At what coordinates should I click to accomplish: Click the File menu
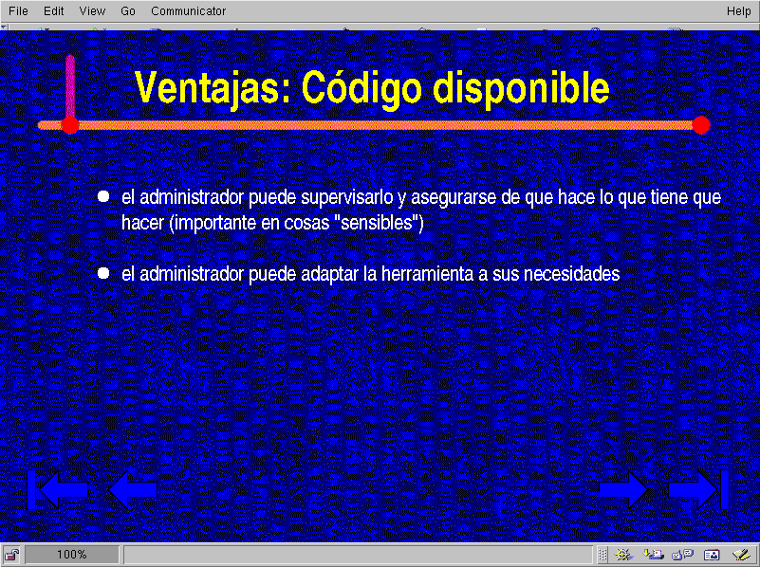18,10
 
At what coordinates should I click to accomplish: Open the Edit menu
53,10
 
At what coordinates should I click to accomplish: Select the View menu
92,10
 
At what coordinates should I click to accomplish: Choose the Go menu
128,10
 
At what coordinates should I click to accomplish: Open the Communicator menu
188,10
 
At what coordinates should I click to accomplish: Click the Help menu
739,10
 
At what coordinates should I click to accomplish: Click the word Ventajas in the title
213,88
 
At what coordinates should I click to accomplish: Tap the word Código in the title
361,88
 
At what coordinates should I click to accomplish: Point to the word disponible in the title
521,88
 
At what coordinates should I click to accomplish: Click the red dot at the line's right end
701,125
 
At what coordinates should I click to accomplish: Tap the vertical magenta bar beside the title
70,86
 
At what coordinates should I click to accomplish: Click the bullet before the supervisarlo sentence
103,196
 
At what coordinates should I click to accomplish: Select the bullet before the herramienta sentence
103,273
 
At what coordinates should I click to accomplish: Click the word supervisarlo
347,197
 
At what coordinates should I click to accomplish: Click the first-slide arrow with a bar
57,489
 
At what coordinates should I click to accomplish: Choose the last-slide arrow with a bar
698,489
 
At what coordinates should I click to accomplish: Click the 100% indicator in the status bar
72,555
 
